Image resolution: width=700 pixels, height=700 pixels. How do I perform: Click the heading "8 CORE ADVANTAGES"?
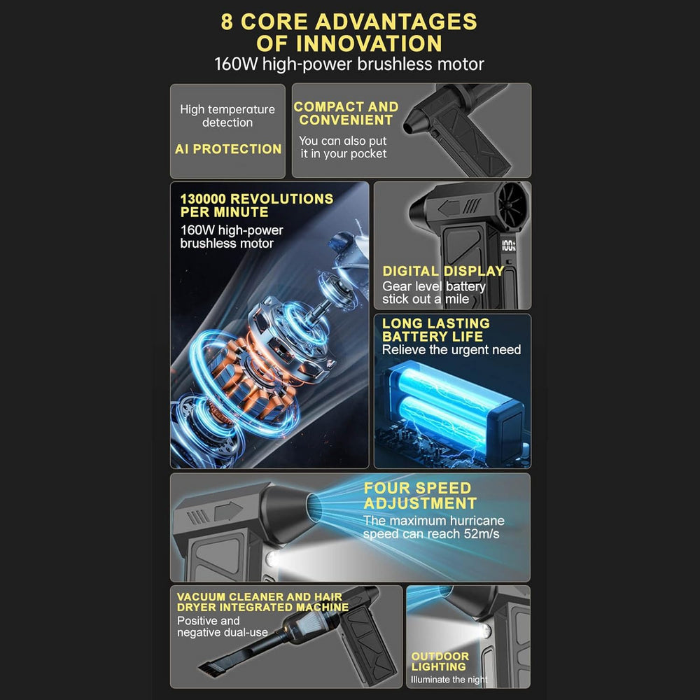point(349,21)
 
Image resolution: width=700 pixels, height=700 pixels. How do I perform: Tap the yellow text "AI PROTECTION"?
point(228,149)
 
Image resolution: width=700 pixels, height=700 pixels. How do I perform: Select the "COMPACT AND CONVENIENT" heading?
point(346,113)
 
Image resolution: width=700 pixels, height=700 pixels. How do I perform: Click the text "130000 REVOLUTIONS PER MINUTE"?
point(256,205)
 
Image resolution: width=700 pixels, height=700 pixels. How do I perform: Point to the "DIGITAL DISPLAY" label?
point(443,271)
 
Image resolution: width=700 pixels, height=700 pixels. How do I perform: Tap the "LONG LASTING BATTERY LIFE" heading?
point(435,330)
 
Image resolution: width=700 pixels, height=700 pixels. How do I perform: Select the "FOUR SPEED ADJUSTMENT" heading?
point(420,496)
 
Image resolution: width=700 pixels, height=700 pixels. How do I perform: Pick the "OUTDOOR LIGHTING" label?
point(440,661)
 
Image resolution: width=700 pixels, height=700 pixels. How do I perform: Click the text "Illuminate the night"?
point(449,680)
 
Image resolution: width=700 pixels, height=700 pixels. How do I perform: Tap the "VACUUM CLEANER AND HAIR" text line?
point(259,597)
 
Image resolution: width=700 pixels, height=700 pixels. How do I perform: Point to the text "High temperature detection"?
point(227,115)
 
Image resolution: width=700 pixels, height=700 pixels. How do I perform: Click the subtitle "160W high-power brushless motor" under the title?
point(349,64)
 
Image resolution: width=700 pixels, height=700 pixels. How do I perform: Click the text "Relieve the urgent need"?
point(451,349)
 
